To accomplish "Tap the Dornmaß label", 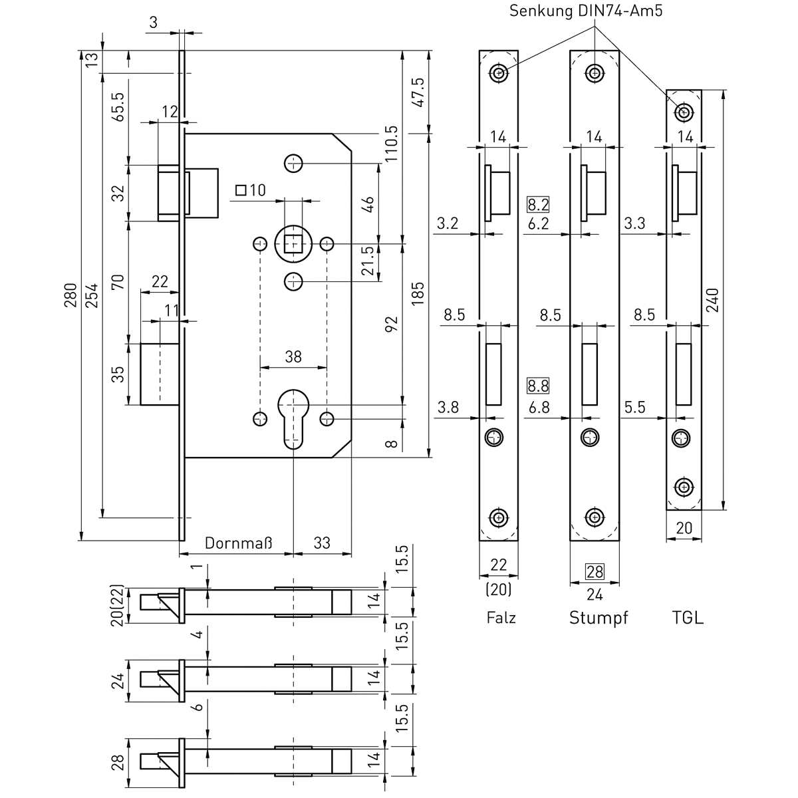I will [x=238, y=543].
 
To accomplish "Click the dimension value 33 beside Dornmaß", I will [x=321, y=543].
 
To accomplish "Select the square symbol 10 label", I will [x=251, y=191].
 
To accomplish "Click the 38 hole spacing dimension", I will [x=293, y=357].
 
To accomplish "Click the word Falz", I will [x=501, y=618].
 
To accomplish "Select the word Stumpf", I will [x=598, y=618].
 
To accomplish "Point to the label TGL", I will [x=688, y=618].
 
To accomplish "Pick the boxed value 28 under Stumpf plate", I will [x=595, y=571].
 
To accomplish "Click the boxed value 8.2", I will [x=537, y=204].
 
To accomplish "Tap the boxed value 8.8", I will [x=537, y=385].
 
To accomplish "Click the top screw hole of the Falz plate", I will [x=499, y=72].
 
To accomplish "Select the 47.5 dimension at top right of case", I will [x=418, y=91].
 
